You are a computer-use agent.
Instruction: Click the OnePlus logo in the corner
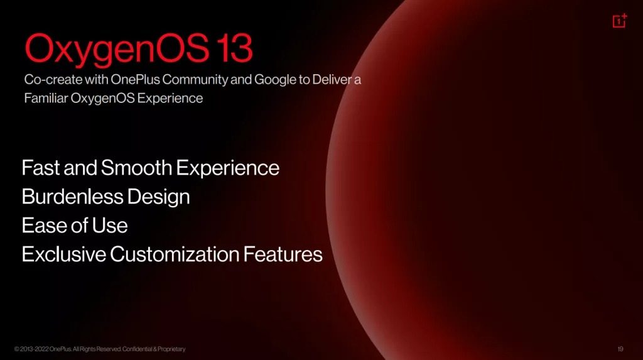(x=620, y=21)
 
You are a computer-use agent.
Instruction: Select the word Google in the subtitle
(x=275, y=80)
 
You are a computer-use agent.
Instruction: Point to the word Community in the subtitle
(x=195, y=79)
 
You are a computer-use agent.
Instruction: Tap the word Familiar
(x=46, y=98)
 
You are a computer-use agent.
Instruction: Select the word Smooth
(x=136, y=168)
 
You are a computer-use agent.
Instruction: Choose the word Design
(x=159, y=197)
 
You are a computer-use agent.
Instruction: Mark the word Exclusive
(x=64, y=254)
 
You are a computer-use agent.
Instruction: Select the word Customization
(x=175, y=254)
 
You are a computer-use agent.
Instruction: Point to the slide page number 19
(x=620, y=349)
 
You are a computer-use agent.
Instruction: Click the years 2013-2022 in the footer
(x=34, y=349)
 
